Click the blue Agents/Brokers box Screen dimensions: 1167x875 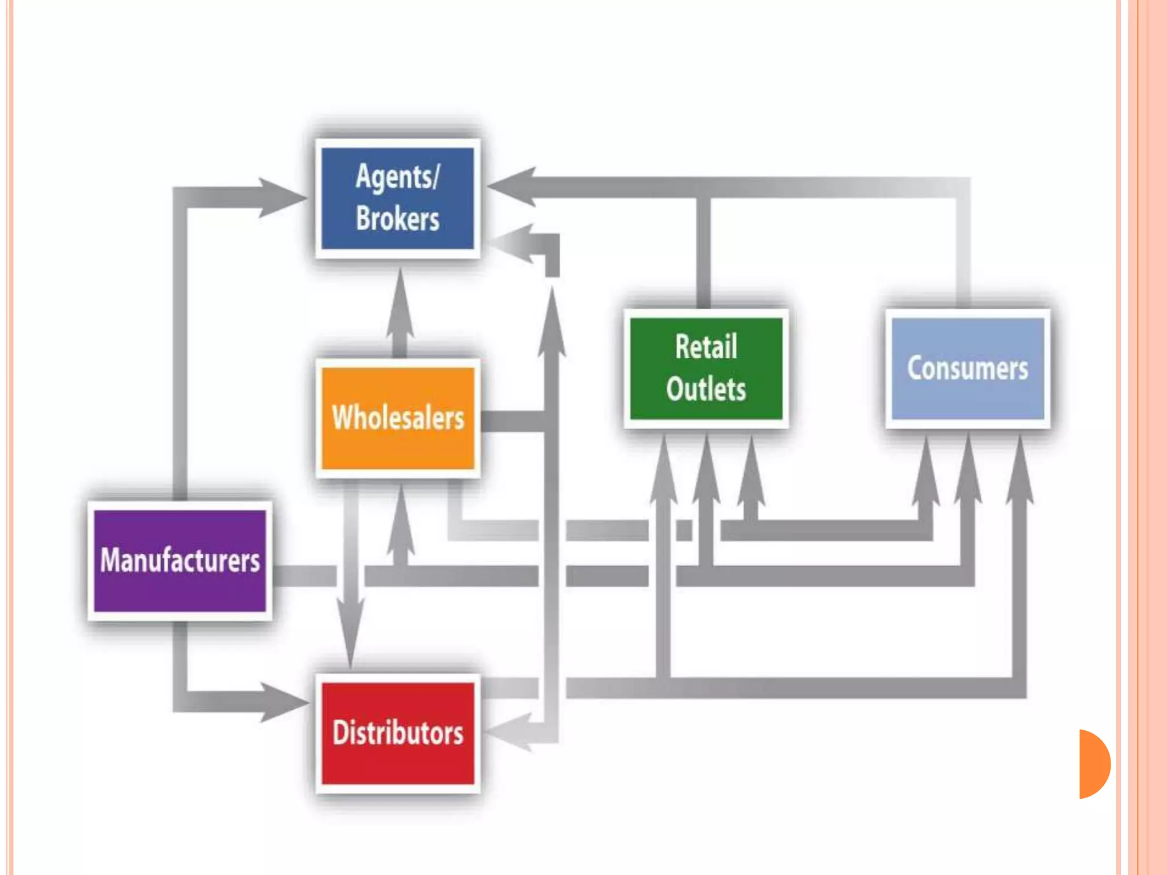tap(397, 198)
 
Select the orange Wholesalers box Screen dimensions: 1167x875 tap(398, 418)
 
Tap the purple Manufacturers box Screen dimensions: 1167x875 tap(180, 561)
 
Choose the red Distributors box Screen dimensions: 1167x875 tap(398, 733)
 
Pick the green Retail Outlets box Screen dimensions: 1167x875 tap(706, 368)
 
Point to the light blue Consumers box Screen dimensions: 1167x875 tap(968, 368)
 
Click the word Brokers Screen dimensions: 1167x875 tap(397, 219)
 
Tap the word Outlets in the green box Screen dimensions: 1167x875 tap(706, 390)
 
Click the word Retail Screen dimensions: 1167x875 tap(706, 346)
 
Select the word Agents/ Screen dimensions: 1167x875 tap(397, 177)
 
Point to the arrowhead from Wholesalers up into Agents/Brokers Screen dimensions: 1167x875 tap(401, 302)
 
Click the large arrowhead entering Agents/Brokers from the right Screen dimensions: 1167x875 tap(513, 186)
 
